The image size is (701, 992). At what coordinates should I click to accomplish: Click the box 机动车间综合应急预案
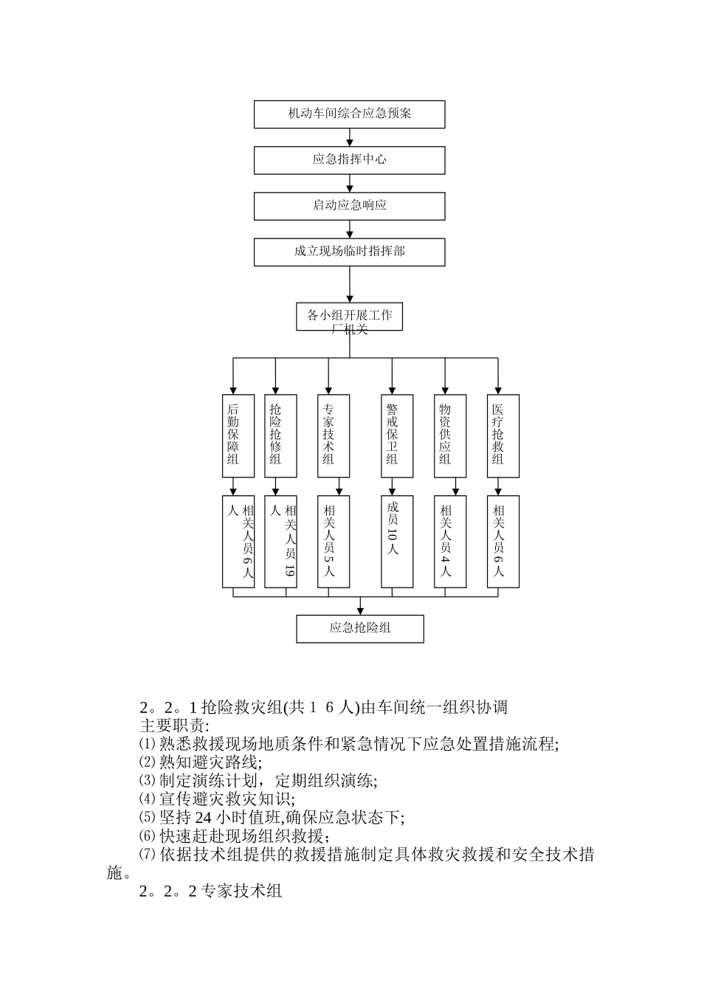click(349, 114)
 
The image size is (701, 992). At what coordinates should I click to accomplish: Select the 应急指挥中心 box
click(349, 160)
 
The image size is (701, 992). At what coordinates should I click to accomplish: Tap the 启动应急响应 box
click(349, 206)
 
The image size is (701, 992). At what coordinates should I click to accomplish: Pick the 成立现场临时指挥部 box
click(349, 252)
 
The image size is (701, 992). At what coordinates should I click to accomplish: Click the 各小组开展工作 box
click(349, 317)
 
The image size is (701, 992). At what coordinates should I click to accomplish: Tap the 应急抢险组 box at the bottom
click(360, 628)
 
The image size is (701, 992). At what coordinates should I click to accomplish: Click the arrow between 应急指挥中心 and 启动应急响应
click(350, 184)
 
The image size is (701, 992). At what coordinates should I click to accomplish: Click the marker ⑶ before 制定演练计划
click(148, 780)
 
